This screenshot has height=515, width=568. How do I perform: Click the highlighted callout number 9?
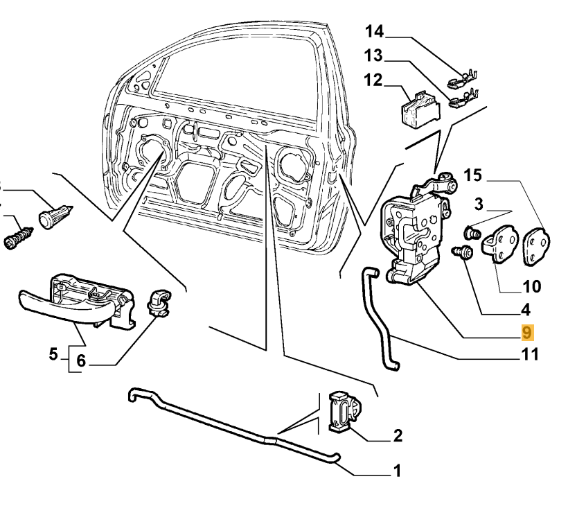click(x=527, y=333)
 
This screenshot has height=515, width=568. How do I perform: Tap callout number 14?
click(x=374, y=31)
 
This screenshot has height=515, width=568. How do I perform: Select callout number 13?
click(x=374, y=55)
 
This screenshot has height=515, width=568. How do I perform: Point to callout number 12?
click(x=373, y=80)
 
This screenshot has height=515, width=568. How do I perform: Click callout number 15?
click(x=472, y=175)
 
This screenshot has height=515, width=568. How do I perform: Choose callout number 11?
click(x=530, y=356)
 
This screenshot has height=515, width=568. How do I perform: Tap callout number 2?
click(x=398, y=436)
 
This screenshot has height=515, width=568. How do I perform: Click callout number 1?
click(x=397, y=471)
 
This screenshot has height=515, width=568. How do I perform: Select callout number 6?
click(x=80, y=360)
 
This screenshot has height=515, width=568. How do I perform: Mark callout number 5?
click(x=53, y=354)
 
